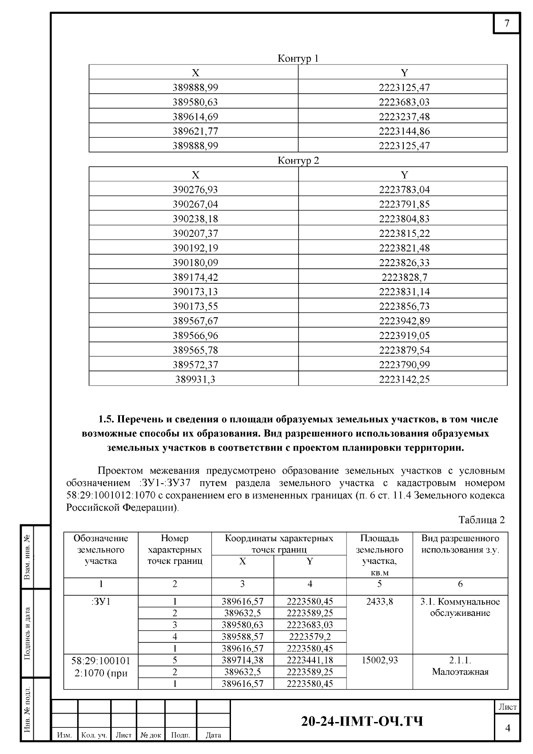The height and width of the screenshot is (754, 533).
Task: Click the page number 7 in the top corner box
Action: [507, 24]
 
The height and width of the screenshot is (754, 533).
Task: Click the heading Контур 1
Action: [298, 59]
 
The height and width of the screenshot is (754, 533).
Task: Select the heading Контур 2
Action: [298, 161]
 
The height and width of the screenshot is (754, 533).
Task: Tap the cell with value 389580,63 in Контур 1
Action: [195, 102]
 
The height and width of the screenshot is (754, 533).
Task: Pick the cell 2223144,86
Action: [404, 131]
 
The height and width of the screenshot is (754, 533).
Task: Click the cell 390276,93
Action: [195, 190]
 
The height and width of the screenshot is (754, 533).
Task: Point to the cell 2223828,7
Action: [404, 277]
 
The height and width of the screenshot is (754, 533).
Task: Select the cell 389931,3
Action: [195, 379]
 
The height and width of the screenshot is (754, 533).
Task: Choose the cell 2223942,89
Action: [404, 321]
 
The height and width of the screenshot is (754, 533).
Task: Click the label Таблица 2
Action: [481, 520]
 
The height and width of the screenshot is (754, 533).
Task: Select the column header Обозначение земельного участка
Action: [101, 550]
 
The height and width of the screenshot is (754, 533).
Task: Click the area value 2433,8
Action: [379, 602]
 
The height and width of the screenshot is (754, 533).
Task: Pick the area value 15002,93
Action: [379, 660]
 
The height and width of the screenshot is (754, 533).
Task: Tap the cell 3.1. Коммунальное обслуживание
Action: [460, 607]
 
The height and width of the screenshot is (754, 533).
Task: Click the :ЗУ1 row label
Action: [101, 602]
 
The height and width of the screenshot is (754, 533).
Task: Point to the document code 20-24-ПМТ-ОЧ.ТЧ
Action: [362, 721]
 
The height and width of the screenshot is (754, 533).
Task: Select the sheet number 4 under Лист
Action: [507, 728]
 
